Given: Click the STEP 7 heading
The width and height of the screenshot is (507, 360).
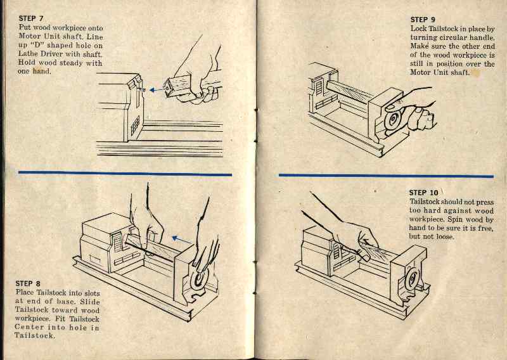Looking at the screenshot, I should point(32,19).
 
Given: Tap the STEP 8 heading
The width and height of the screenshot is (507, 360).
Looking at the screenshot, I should point(29,283).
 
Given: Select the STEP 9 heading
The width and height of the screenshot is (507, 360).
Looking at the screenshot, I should point(423,20).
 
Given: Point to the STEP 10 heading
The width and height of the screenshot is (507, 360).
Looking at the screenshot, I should point(423,193).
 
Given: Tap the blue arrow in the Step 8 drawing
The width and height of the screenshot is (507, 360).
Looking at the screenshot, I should point(183,240).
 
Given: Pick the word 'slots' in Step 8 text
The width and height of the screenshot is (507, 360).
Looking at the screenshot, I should point(89,293).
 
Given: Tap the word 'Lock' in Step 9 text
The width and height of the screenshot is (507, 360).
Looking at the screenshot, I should point(420,29).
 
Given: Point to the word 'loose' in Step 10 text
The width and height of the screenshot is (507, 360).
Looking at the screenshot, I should point(451,236).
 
